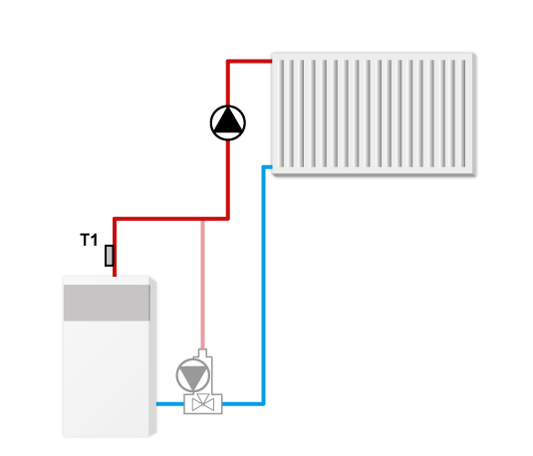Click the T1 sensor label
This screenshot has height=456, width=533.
pyautogui.click(x=89, y=240)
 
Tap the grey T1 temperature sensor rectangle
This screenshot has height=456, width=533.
pyautogui.click(x=110, y=256)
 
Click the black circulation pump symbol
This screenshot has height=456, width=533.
pyautogui.click(x=228, y=123)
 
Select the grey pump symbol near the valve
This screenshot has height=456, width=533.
pyautogui.click(x=192, y=375)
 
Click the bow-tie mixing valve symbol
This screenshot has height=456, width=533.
pyautogui.click(x=203, y=404)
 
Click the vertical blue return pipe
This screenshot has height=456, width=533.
pyautogui.click(x=263, y=286)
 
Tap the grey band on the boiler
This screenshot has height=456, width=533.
pyautogui.click(x=107, y=303)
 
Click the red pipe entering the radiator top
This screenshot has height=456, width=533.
pyautogui.click(x=249, y=62)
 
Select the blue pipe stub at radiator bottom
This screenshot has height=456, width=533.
pyautogui.click(x=267, y=167)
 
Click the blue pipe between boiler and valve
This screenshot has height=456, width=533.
pyautogui.click(x=170, y=404)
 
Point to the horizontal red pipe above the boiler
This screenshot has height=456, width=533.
pyautogui.click(x=170, y=218)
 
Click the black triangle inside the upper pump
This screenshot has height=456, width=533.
pyautogui.click(x=228, y=120)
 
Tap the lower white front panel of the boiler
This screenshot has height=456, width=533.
pyautogui.click(x=106, y=378)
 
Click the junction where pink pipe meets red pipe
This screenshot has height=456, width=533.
pyautogui.click(x=202, y=219)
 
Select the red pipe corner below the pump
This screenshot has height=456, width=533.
pyautogui.click(x=228, y=218)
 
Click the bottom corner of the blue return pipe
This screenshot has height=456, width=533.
pyautogui.click(x=263, y=403)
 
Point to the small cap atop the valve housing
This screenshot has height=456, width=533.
pyautogui.click(x=202, y=352)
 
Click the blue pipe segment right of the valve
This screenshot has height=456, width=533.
pyautogui.click(x=243, y=404)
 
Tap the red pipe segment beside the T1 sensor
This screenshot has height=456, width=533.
pyautogui.click(x=115, y=256)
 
